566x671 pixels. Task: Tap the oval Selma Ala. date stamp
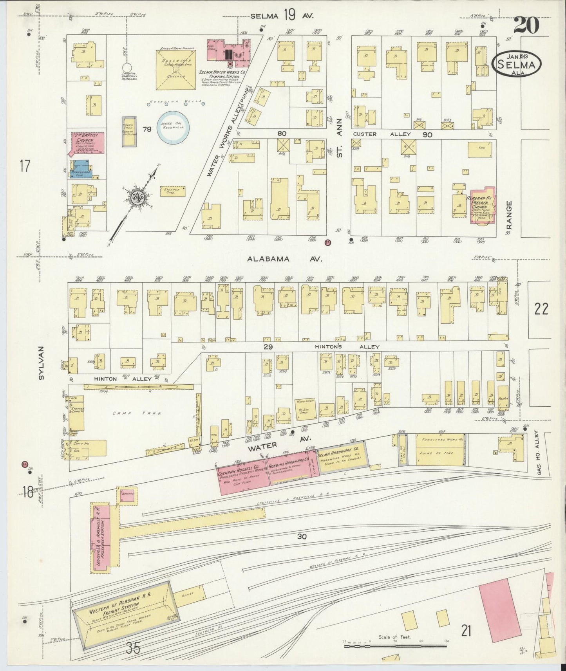tap(517, 63)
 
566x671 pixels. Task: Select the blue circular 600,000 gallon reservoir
tap(173, 127)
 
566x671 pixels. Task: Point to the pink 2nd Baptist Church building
tap(88, 143)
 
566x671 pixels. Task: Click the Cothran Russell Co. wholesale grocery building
tap(242, 475)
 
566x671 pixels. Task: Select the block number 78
tap(147, 129)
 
